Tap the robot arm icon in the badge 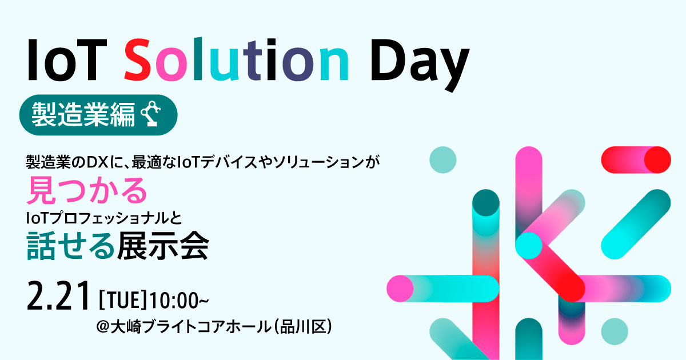click(150, 114)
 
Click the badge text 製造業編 click(83, 114)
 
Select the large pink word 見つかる click(87, 191)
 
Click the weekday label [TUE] click(123, 299)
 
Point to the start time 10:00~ click(175, 299)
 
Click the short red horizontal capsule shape click(635, 159)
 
